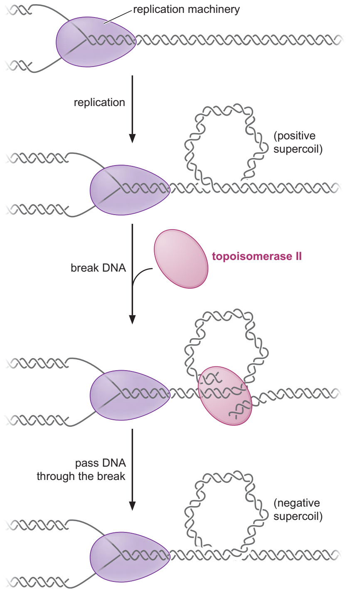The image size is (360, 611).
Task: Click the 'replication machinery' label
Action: point(186,10)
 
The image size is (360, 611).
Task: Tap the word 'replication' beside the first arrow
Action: point(99,103)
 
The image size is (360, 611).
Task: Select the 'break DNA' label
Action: point(99,268)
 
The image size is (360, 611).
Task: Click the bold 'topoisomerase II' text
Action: point(257,256)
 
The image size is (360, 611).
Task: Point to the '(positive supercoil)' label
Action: point(298,142)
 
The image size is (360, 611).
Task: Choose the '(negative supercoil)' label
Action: point(298,510)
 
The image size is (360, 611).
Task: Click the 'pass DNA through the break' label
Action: point(81,470)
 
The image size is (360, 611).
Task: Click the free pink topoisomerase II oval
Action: point(181,259)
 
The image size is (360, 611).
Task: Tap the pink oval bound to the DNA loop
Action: point(225,396)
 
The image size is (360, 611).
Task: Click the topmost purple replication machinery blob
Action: point(96,42)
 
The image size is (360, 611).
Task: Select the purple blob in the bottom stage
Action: point(130,557)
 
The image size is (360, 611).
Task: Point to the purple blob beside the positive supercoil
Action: point(130,190)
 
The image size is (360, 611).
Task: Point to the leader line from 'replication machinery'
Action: point(118,17)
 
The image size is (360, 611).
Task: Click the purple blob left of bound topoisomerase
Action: point(130,395)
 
